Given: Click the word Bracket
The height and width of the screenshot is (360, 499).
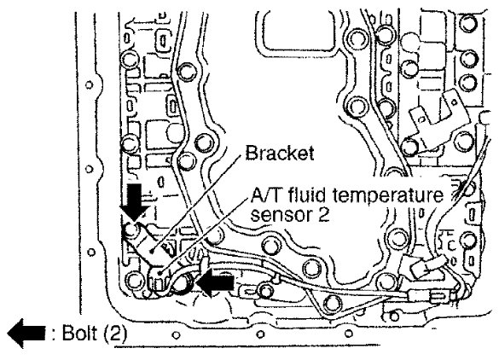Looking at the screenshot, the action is pyautogui.click(x=280, y=154).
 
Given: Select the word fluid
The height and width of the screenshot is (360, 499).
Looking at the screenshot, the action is pyautogui.click(x=306, y=195).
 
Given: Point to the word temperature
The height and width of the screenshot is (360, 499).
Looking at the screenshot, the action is pyautogui.click(x=387, y=196).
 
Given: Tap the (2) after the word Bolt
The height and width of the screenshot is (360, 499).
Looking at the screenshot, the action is pyautogui.click(x=114, y=334).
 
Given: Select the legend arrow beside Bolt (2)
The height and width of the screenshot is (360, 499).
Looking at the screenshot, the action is pyautogui.click(x=26, y=333).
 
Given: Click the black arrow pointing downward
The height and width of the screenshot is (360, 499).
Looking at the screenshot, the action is pyautogui.click(x=135, y=202).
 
